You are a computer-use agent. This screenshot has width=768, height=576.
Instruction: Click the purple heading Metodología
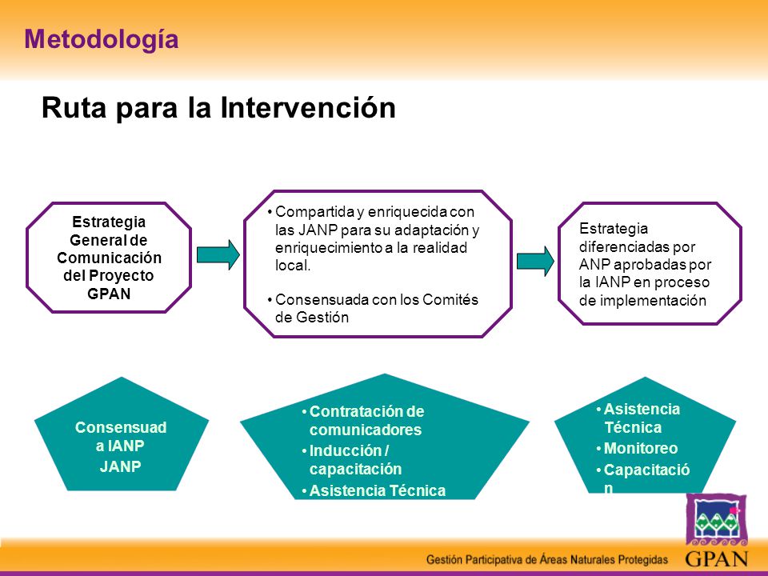point(102,40)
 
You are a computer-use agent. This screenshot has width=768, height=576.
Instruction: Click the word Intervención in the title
point(308,107)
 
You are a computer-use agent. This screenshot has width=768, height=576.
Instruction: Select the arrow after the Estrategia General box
point(218,254)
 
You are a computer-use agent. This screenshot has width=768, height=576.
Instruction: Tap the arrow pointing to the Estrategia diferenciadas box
point(535,261)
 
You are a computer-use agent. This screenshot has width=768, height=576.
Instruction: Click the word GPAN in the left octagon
point(109,294)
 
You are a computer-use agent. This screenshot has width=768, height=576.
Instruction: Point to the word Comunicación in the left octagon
point(109,258)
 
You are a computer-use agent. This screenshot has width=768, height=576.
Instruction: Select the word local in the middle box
point(293,266)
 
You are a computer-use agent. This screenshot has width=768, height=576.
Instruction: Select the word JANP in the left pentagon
point(121,466)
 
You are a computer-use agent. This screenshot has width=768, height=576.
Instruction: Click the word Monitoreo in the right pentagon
point(641,448)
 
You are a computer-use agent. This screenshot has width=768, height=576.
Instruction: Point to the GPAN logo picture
point(716,519)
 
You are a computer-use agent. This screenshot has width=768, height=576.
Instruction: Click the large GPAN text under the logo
point(717,558)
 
